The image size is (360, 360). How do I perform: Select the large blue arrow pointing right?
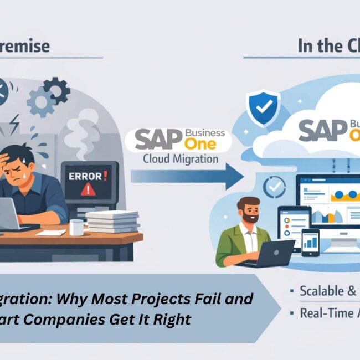pos(188,177)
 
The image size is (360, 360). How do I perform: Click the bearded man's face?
pos(249,211)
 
